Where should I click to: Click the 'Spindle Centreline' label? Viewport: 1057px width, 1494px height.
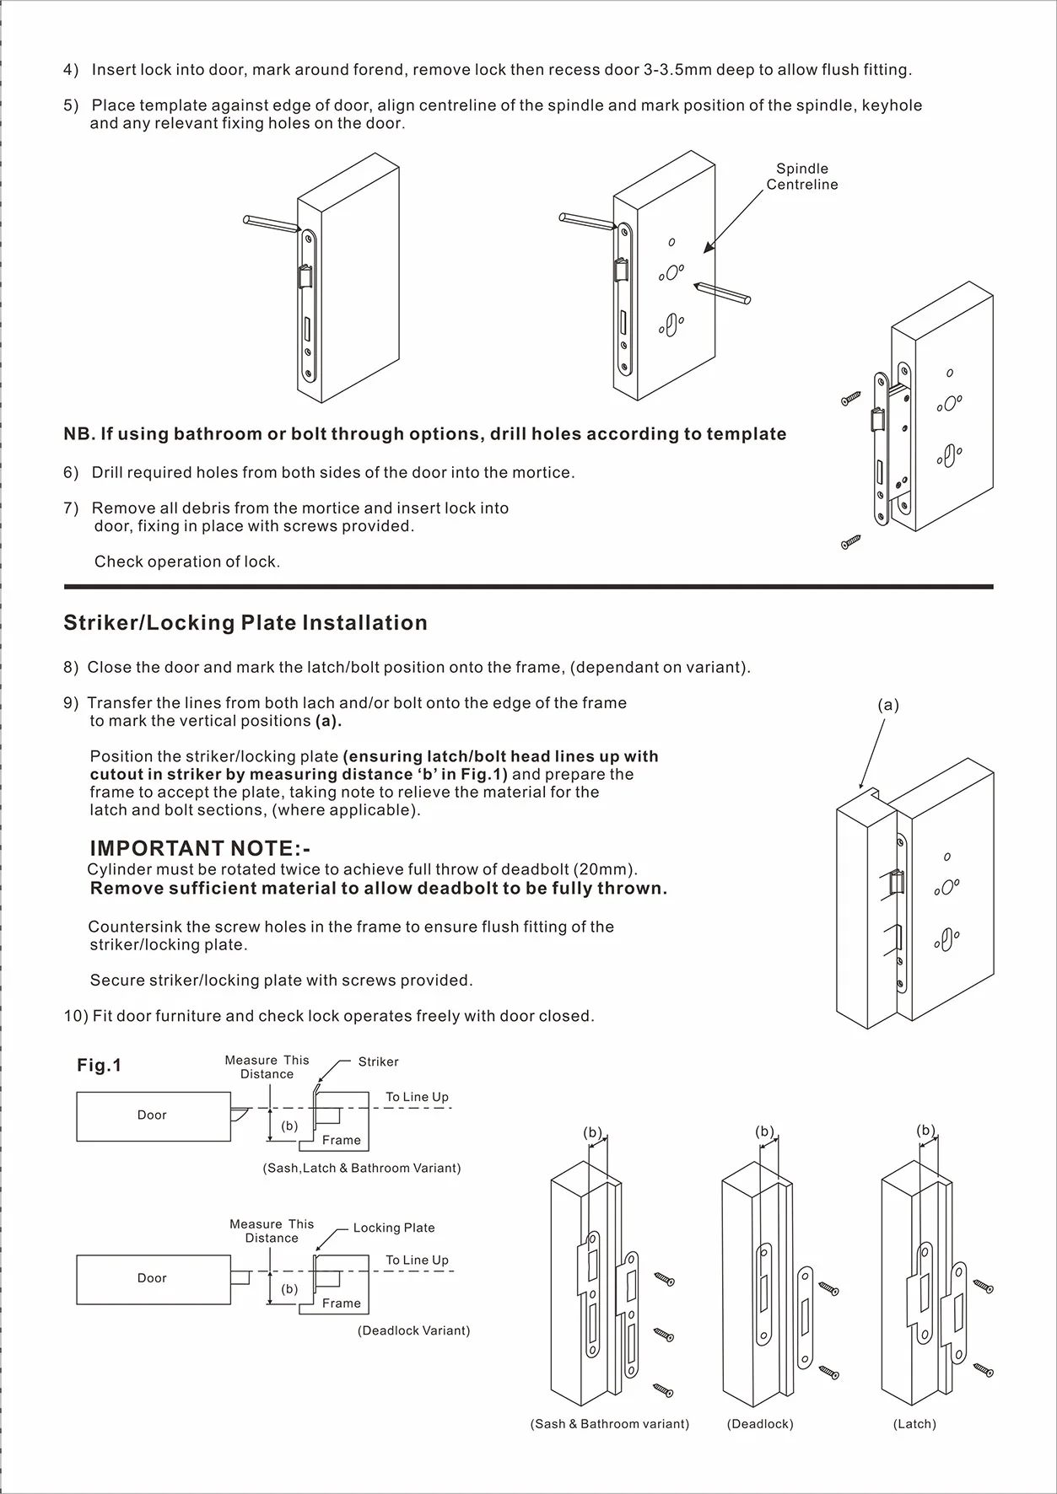[x=801, y=176]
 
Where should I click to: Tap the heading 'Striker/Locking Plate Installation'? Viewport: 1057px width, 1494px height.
[x=245, y=622]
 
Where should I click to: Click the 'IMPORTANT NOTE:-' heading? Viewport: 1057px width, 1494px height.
[x=200, y=848]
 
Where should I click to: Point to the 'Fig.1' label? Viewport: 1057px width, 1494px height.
[x=100, y=1066]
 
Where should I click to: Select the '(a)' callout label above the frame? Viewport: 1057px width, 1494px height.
[x=888, y=706]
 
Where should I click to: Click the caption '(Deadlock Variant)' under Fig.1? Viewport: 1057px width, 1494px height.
[x=413, y=1330]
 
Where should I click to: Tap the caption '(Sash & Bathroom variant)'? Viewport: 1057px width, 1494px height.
[x=610, y=1424]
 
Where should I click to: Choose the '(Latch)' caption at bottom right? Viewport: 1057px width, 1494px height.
[x=914, y=1424]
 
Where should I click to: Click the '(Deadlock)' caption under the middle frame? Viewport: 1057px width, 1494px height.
[x=760, y=1424]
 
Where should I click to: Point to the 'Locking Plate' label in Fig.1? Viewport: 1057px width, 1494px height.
[x=394, y=1228]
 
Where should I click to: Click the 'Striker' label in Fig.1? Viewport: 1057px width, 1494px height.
[x=378, y=1061]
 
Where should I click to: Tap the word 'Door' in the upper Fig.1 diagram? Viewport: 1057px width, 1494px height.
[x=152, y=1115]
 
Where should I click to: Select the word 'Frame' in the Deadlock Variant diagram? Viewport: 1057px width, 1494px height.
[x=342, y=1303]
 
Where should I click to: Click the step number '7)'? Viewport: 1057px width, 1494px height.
[x=71, y=508]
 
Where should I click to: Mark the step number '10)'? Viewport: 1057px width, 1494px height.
[x=75, y=1016]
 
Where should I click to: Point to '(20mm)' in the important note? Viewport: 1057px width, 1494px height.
[x=607, y=869]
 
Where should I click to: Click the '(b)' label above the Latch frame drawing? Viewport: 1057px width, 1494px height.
[x=926, y=1131]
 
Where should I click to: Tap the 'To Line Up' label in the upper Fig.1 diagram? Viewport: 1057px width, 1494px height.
[x=417, y=1097]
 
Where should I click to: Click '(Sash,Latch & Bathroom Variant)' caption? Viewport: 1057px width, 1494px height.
[x=362, y=1168]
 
